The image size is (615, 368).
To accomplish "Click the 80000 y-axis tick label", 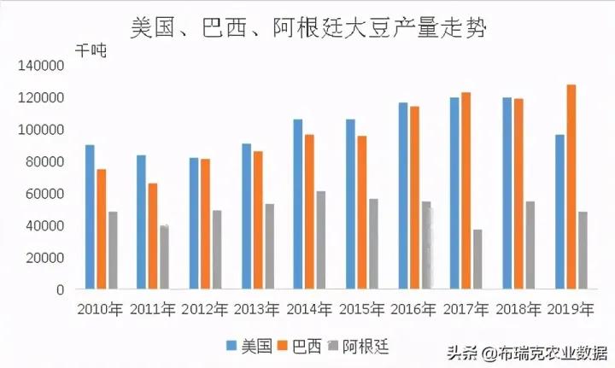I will [44, 162].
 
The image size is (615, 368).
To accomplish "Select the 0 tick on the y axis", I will [59, 290].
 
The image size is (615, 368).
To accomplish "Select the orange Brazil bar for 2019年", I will [571, 187].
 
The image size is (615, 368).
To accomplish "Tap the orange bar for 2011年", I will [152, 236].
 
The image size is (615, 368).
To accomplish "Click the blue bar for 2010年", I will [90, 217].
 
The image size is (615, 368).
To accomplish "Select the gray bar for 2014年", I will [320, 240].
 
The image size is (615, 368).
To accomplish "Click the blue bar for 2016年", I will [402, 196].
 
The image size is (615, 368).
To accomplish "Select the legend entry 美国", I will [249, 346].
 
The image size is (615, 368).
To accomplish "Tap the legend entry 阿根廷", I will [362, 346].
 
